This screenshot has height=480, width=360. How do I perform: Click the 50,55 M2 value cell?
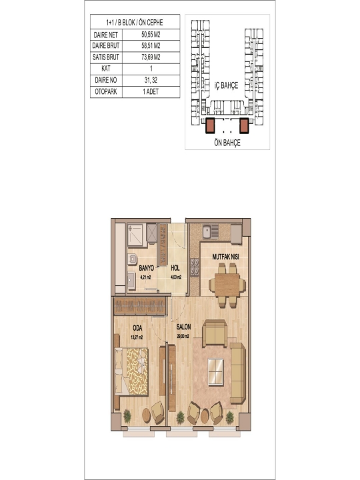[151, 35]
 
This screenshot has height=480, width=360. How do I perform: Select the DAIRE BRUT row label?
[106, 46]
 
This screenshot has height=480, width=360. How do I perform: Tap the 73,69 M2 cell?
[151, 57]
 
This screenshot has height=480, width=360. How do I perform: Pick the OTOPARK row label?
[106, 91]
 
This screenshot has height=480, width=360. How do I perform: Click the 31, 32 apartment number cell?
[151, 80]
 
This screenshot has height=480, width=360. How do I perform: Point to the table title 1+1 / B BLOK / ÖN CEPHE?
[135, 23]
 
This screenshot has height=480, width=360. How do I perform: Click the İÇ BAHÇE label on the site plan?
[226, 85]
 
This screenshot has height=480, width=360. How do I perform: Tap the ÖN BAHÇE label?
[227, 143]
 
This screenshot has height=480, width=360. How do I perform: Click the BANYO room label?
[146, 268]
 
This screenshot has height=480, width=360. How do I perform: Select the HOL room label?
[175, 268]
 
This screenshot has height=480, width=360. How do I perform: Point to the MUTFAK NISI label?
[225, 257]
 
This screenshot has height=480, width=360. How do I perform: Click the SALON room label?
[183, 327]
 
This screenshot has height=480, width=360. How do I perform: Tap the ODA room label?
[137, 328]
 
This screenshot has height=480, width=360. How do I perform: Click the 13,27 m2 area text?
[137, 337]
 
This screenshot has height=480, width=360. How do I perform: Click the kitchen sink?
[210, 232]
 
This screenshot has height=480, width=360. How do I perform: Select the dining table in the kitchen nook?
[227, 285]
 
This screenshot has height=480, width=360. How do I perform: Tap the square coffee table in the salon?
[215, 371]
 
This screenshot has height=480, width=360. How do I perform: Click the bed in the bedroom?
[131, 371]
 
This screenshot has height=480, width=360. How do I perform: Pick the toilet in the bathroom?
[132, 259]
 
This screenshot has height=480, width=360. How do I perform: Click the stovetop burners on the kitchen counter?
[195, 267]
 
